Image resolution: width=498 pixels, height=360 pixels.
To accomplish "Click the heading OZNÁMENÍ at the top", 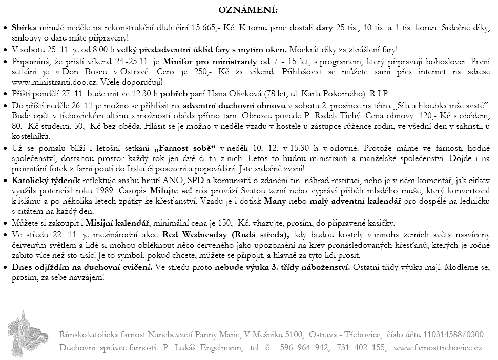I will (248, 10).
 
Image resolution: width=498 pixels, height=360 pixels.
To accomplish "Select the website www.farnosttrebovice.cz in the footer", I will (438, 348).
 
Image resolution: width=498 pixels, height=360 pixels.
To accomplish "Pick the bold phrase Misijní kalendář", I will (117, 223).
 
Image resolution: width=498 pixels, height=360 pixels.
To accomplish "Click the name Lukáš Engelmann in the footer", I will (202, 348).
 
